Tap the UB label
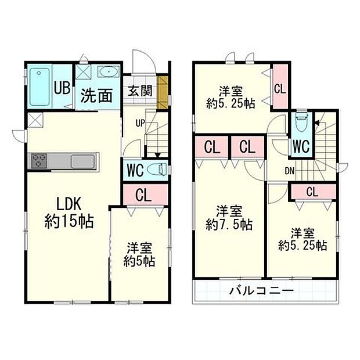coord(63,88)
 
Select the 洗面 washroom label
coord(96,95)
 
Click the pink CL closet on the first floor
coord(144,193)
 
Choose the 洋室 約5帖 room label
coord(139,255)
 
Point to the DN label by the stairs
coord(289,170)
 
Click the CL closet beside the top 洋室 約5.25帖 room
coord(280,88)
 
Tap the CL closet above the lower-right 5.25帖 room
coord(312,192)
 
